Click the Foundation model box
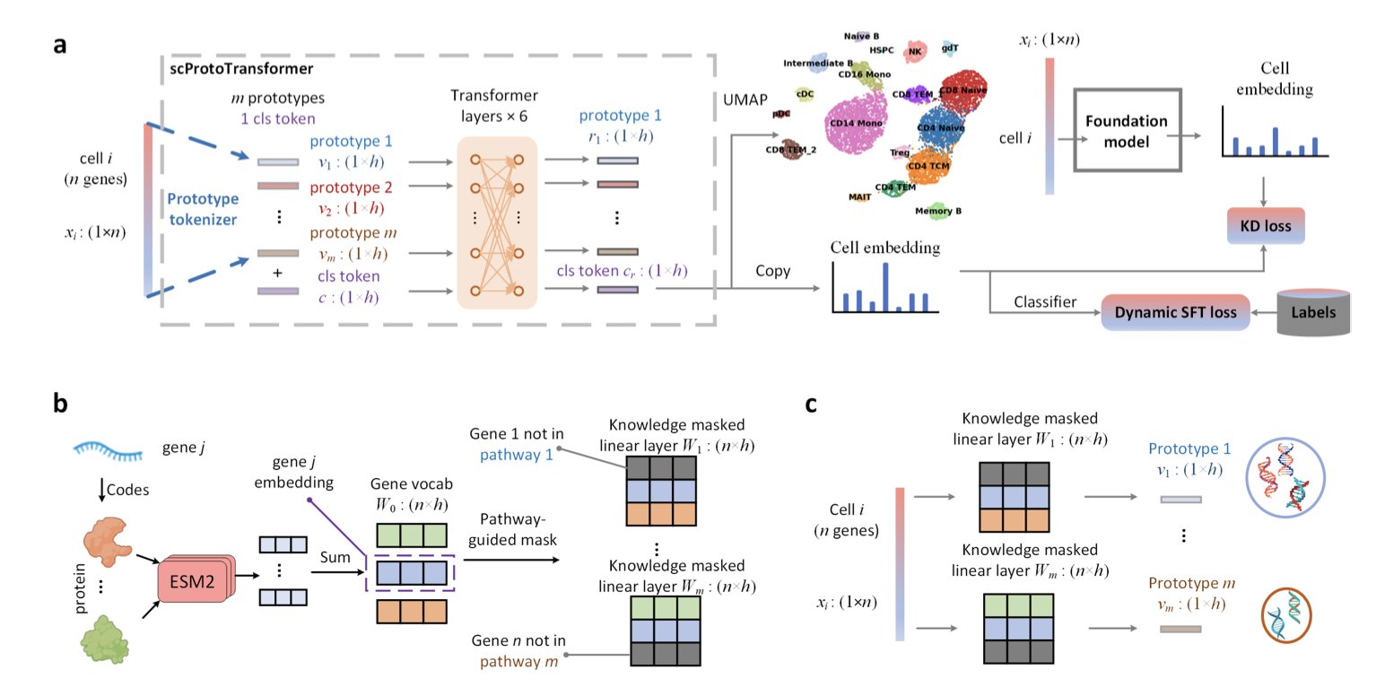click(x=1126, y=130)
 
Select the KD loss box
click(x=1266, y=226)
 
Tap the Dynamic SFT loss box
click(x=1175, y=314)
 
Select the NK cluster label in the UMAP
click(x=915, y=52)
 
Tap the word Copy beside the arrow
click(x=772, y=269)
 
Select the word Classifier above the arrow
click(x=1044, y=301)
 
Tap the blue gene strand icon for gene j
click(x=109, y=448)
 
